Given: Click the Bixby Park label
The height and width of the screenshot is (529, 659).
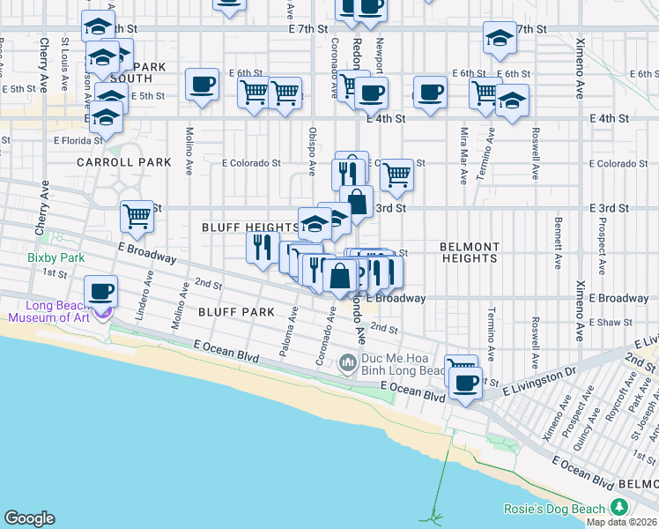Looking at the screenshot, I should point(54,257).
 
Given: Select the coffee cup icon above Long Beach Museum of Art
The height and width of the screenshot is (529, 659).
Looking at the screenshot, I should point(101,291).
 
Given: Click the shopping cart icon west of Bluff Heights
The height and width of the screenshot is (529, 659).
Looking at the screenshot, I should point(137,216).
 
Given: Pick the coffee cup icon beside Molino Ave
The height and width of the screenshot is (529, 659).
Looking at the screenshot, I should point(203,85).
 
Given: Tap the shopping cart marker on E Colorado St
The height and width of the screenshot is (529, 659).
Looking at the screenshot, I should point(396,175).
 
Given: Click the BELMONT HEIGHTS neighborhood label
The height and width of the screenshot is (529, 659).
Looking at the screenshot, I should point(470,252).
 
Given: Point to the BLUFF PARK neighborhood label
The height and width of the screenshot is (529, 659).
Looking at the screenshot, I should point(236,312).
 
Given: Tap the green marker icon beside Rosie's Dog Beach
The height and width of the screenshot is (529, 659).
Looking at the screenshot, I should point(619,508).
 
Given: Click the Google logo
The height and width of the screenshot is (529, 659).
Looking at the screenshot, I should point(29,518).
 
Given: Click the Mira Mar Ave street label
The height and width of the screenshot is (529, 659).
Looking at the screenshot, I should point(463,155).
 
